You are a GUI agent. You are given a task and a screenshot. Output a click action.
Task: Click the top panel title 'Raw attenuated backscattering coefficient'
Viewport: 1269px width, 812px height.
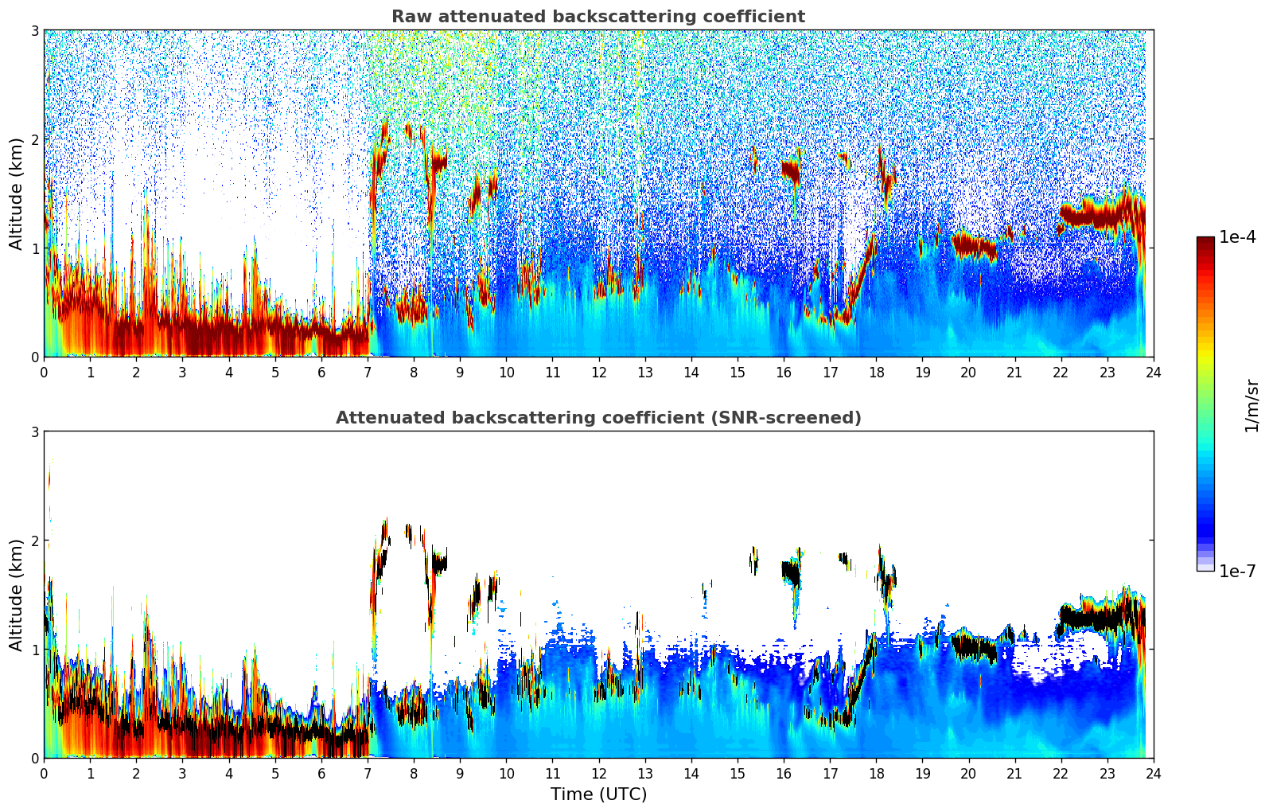pos(598,17)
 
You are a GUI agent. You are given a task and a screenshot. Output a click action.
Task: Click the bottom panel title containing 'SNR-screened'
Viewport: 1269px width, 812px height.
pos(598,418)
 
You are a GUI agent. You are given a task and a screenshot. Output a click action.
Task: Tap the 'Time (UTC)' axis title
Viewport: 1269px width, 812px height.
pos(598,794)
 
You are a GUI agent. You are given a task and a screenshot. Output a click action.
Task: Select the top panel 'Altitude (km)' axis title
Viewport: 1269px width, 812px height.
pos(16,193)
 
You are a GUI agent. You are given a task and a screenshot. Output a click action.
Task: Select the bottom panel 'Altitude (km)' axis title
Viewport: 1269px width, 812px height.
pos(16,595)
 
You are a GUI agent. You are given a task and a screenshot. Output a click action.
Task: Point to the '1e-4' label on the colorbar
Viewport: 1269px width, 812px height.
pos(1237,237)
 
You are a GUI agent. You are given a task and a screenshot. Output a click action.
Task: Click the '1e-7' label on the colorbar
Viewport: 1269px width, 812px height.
pos(1237,571)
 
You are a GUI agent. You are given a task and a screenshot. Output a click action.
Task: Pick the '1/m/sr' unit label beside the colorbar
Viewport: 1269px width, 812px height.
pos(1252,406)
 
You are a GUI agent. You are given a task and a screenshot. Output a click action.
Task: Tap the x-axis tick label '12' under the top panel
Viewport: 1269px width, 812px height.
pos(598,372)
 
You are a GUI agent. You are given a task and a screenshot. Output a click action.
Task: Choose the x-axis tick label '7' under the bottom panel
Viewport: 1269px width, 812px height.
pos(368,773)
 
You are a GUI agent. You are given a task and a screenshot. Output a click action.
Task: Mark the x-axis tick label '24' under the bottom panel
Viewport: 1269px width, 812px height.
pos(1153,773)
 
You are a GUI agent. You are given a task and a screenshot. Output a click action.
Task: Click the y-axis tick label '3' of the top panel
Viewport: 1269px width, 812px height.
pos(35,31)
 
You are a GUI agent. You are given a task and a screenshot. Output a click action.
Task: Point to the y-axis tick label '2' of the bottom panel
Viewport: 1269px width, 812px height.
pos(35,541)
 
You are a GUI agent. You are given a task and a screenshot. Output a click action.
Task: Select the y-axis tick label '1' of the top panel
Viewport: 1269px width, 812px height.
pos(35,248)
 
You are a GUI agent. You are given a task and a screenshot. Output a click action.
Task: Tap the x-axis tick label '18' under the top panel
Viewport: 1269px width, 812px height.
pos(876,372)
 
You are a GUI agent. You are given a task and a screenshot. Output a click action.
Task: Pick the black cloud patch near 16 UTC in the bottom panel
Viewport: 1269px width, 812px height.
pos(790,572)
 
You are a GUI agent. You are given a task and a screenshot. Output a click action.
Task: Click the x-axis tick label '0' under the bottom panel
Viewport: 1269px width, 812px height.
pos(44,773)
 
